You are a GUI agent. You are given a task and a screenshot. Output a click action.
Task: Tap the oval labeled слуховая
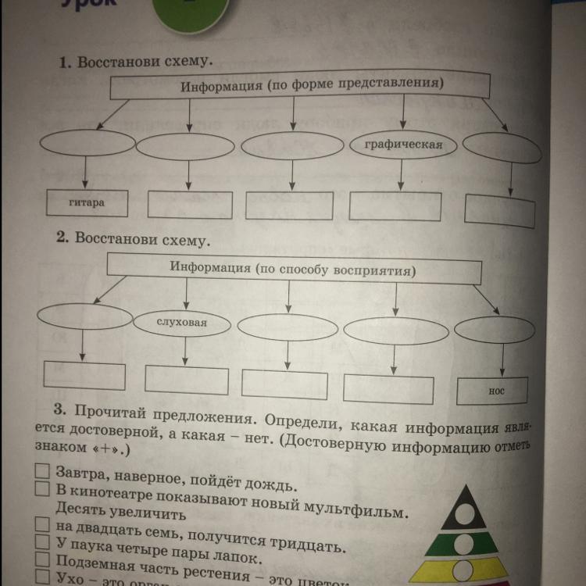pos(182,321)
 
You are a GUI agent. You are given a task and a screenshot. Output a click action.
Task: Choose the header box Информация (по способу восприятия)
pos(293,268)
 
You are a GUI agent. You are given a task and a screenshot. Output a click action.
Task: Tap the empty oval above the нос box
pos(495,329)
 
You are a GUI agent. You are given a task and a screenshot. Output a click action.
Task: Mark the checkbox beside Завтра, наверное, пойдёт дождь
pos(43,472)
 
